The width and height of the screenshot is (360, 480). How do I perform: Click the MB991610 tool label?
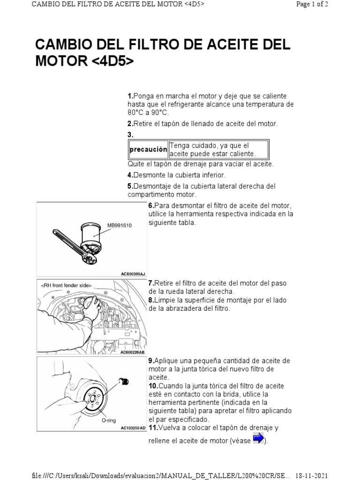click(x=120, y=225)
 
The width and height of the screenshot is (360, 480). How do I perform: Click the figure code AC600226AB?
click(x=132, y=352)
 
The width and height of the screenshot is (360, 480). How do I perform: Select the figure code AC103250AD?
click(x=133, y=428)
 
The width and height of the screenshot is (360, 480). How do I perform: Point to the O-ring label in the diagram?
click(x=109, y=420)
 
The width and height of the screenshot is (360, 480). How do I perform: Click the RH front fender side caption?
click(x=66, y=285)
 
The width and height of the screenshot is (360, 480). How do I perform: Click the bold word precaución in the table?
click(x=149, y=150)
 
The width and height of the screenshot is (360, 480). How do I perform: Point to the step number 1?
click(x=130, y=96)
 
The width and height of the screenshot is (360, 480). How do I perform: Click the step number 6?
click(x=151, y=206)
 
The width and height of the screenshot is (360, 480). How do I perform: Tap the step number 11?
click(x=152, y=428)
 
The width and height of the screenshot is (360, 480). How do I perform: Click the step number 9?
click(x=151, y=360)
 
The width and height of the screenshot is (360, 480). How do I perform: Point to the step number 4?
click(x=130, y=175)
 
